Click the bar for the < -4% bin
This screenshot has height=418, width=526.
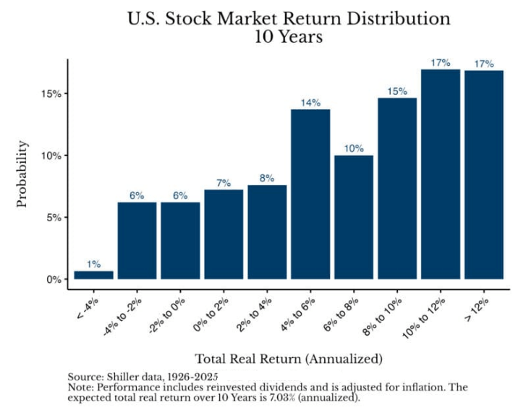click(x=93, y=275)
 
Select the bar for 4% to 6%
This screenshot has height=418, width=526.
click(x=310, y=194)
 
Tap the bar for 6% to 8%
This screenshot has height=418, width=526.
click(x=354, y=217)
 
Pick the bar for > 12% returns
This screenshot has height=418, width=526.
click(x=484, y=174)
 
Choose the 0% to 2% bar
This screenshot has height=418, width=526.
click(x=224, y=234)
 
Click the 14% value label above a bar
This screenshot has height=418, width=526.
click(x=310, y=103)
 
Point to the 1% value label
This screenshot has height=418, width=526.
click(x=93, y=264)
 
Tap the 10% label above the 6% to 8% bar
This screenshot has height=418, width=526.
click(x=354, y=148)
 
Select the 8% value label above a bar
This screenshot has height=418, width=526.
click(x=267, y=178)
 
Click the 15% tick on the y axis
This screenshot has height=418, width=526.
click(x=51, y=93)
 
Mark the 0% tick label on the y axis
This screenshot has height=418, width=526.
click(x=54, y=279)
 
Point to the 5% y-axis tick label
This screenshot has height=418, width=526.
click(x=54, y=218)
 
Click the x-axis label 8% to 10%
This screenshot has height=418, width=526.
click(x=382, y=317)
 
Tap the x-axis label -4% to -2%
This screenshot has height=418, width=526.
click(x=122, y=317)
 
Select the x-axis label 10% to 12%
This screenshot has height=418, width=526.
click(x=424, y=318)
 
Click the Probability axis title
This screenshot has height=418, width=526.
click(x=22, y=174)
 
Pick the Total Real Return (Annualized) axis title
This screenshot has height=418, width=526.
click(x=289, y=359)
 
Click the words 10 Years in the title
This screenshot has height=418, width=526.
click(x=289, y=37)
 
